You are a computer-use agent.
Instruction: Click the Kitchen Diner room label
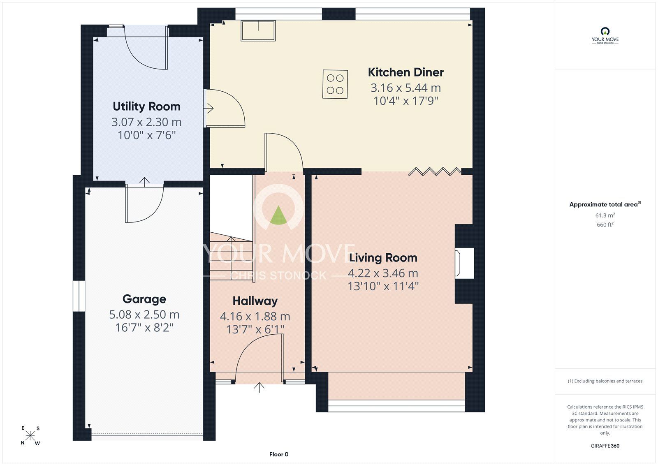pos(405,72)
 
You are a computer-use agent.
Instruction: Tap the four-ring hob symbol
pos(335,84)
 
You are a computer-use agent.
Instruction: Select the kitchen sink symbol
pos(258,30)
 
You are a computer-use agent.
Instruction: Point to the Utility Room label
pos(146,106)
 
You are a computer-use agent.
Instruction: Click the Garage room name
pos(144,299)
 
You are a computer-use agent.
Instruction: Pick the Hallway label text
pos(255,301)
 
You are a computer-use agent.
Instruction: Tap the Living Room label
pos(383,258)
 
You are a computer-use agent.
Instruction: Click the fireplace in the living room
pos(464,263)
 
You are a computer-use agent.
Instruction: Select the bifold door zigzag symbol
pos(434,171)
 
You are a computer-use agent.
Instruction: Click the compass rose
pos(30,435)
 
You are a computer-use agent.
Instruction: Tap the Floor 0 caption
pos(279,454)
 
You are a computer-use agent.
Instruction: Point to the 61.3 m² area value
pos(605,215)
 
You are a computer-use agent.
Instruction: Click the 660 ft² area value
pos(605,224)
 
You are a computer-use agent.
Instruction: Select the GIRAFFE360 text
pos(605,446)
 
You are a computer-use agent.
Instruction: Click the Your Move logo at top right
pos(605,35)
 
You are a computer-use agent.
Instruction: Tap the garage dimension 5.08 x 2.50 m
pos(144,315)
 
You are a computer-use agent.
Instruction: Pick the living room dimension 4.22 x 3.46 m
pos(383,273)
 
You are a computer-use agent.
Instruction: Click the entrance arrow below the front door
pos(259,387)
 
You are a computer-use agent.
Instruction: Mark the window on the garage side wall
pos(79,296)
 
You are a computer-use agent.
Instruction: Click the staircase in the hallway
pos(231,256)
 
